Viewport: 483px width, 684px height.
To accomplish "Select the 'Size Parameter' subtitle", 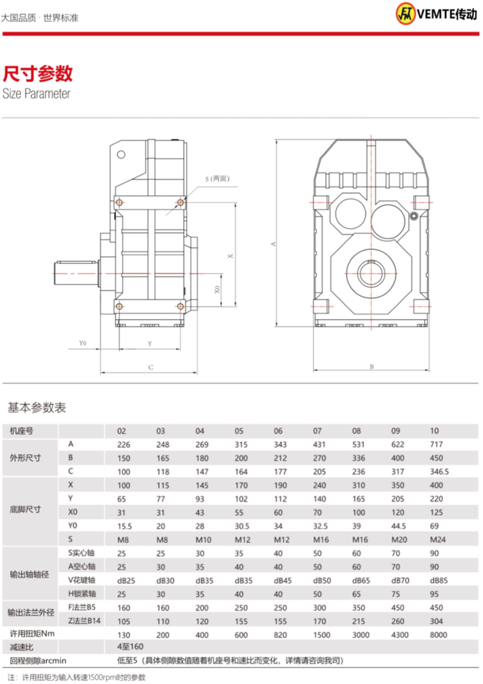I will pos(36,94).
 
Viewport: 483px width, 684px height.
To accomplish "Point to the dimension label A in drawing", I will pos(272,244).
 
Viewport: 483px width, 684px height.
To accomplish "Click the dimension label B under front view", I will pos(372,367).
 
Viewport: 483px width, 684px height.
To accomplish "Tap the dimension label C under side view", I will pos(149,367).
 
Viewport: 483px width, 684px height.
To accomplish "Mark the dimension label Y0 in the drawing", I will pos(82,344).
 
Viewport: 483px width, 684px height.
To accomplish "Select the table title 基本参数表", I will pos(36,408).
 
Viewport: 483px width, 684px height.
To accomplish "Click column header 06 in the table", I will pos(278,430).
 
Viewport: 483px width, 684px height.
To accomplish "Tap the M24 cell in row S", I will pos(437,540).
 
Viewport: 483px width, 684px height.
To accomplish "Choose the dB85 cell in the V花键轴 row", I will pos(438,580).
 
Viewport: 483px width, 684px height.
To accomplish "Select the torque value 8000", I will pos(438,634).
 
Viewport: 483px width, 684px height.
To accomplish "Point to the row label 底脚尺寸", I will pos(24,509).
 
